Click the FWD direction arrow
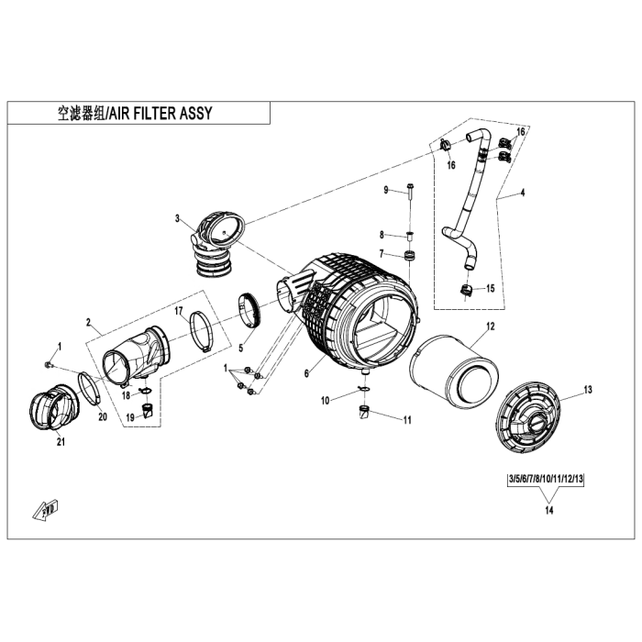[x=46, y=509]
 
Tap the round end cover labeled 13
[x=527, y=417]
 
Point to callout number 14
[x=549, y=510]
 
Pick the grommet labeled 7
[x=410, y=256]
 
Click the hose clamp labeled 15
[x=466, y=290]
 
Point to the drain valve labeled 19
[x=147, y=411]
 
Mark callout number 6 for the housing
[x=306, y=373]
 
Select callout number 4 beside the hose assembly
[x=523, y=192]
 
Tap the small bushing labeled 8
[x=409, y=235]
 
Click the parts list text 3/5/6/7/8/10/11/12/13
[x=546, y=479]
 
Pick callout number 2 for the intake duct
[x=88, y=322]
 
